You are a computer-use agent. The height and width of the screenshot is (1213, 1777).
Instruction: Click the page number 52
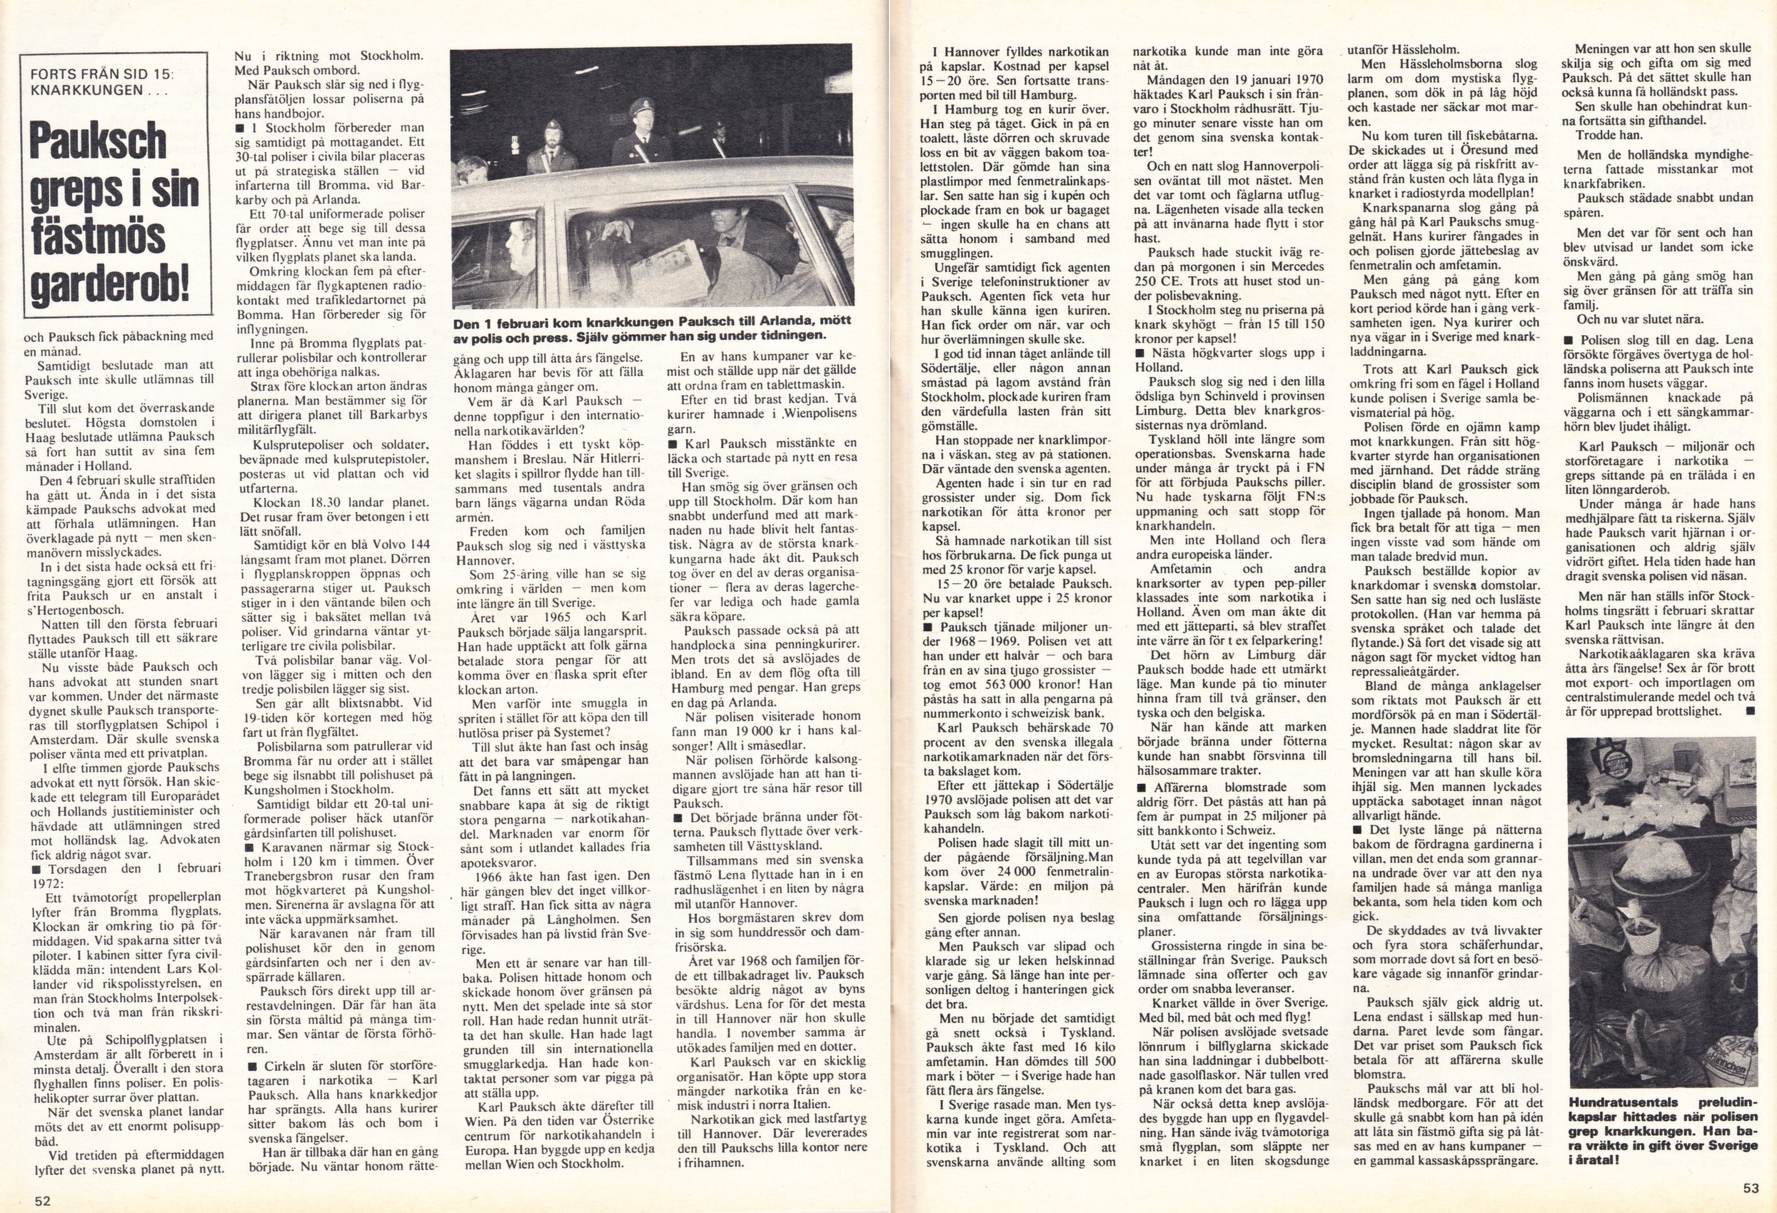pyautogui.click(x=42, y=1201)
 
